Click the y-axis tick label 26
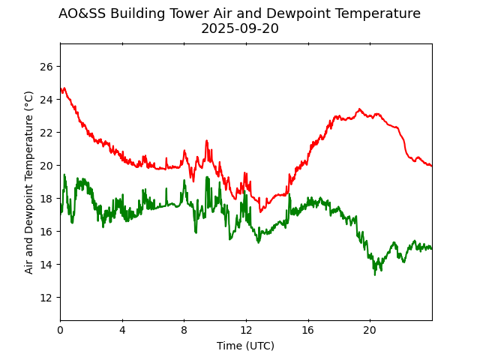pyautogui.click(x=47, y=67)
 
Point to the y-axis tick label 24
pyautogui.click(x=47, y=100)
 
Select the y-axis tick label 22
pyautogui.click(x=47, y=133)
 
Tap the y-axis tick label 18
pyautogui.click(x=47, y=199)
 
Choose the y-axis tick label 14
pyautogui.click(x=47, y=265)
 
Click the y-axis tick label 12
pyautogui.click(x=47, y=298)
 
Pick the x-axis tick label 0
pyautogui.click(x=60, y=331)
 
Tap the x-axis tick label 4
pyautogui.click(x=122, y=331)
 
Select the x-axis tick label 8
pyautogui.click(x=184, y=331)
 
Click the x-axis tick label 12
pyautogui.click(x=246, y=331)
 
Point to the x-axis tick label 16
pyautogui.click(x=307, y=331)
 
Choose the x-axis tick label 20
pyautogui.click(x=370, y=331)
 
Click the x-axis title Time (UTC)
pyautogui.click(x=246, y=346)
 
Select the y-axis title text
pyautogui.click(x=29, y=182)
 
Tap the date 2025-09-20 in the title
pyautogui.click(x=239, y=29)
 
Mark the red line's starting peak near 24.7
pyautogui.click(x=64, y=88)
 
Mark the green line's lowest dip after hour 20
pyautogui.click(x=375, y=274)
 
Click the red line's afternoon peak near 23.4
pyautogui.click(x=359, y=109)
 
